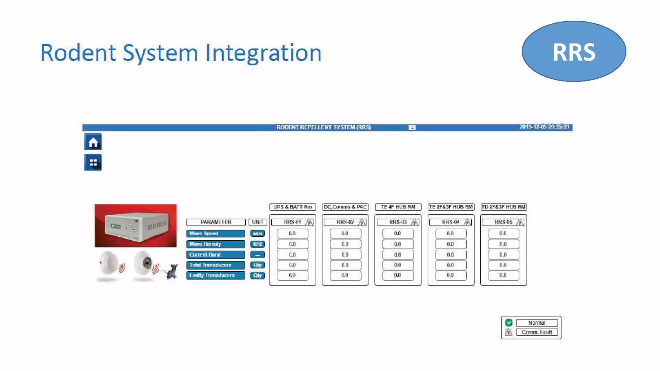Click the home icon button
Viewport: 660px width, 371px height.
93,142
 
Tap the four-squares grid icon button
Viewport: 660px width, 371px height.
93,163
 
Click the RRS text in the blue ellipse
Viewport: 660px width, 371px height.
574,52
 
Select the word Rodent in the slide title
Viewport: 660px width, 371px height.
78,53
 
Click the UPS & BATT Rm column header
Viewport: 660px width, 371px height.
293,207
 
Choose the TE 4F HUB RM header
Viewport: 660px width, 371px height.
398,207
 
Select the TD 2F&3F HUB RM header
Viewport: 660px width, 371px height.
503,207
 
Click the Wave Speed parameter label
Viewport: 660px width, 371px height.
215,233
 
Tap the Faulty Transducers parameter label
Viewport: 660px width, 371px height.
215,275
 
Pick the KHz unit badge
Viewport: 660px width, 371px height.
257,244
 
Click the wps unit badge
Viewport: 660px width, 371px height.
257,233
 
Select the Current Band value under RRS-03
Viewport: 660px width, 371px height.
398,255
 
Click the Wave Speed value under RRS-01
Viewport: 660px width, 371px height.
292,233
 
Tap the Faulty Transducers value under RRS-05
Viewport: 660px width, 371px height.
503,275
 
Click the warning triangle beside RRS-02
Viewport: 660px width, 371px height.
362,223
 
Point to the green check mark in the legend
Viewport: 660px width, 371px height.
509,323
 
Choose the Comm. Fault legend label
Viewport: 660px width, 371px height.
537,332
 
